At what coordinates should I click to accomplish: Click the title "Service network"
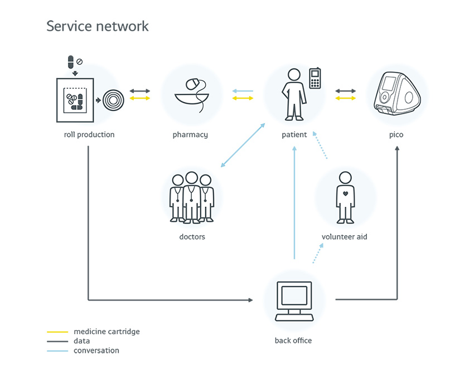click(98, 26)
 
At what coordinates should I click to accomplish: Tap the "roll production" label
click(89, 135)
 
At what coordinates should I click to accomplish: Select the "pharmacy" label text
click(190, 135)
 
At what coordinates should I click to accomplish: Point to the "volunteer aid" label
click(345, 237)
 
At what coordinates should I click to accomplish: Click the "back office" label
click(293, 341)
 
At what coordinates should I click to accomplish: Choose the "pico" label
click(396, 135)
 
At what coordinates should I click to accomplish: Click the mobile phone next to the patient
click(316, 79)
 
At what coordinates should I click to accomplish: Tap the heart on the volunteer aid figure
click(345, 194)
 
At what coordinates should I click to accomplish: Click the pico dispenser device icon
click(396, 94)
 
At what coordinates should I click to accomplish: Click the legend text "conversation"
click(96, 351)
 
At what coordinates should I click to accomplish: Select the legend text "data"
click(81, 341)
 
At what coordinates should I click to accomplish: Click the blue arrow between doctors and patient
click(243, 145)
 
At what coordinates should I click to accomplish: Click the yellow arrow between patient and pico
click(346, 98)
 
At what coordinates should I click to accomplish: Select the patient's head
click(293, 74)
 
